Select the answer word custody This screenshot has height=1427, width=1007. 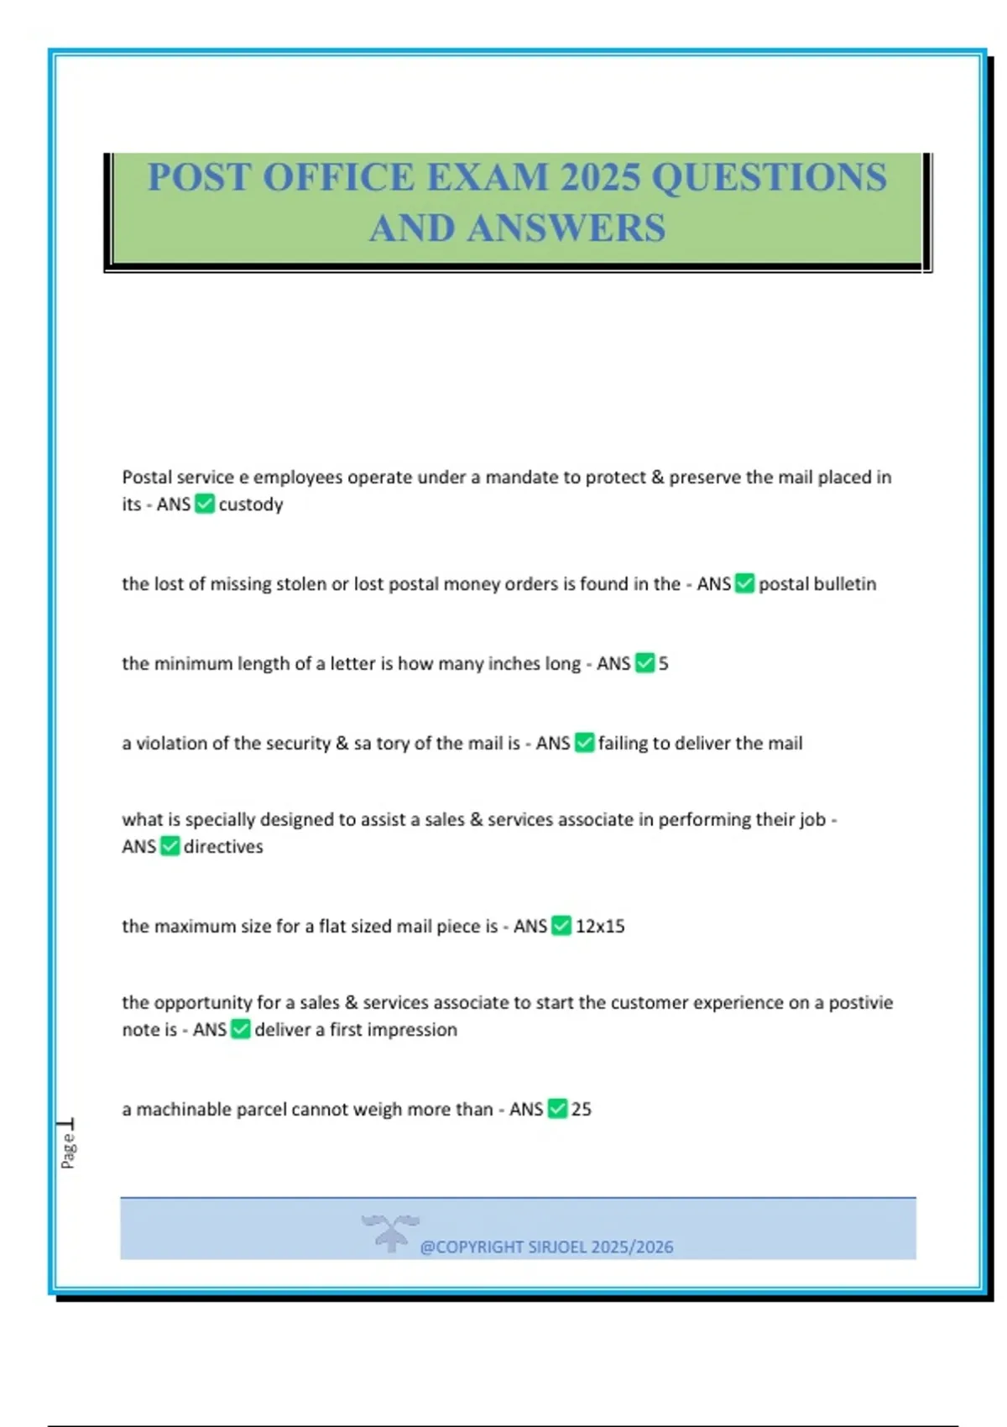[x=251, y=504]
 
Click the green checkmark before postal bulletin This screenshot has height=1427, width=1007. [x=744, y=583]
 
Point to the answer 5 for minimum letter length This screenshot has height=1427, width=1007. [x=664, y=664]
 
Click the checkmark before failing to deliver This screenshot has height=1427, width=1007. [x=584, y=743]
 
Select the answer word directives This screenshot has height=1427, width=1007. [x=223, y=847]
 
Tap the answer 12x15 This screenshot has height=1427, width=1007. [x=600, y=927]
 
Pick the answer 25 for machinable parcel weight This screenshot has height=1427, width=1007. [x=582, y=1110]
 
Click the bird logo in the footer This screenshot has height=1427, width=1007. [x=390, y=1232]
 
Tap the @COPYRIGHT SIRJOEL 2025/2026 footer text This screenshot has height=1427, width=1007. [x=546, y=1247]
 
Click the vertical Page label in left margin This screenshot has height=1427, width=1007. [x=68, y=1149]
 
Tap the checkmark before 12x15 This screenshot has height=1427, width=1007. [x=561, y=926]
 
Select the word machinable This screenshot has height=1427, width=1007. [x=184, y=1110]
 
